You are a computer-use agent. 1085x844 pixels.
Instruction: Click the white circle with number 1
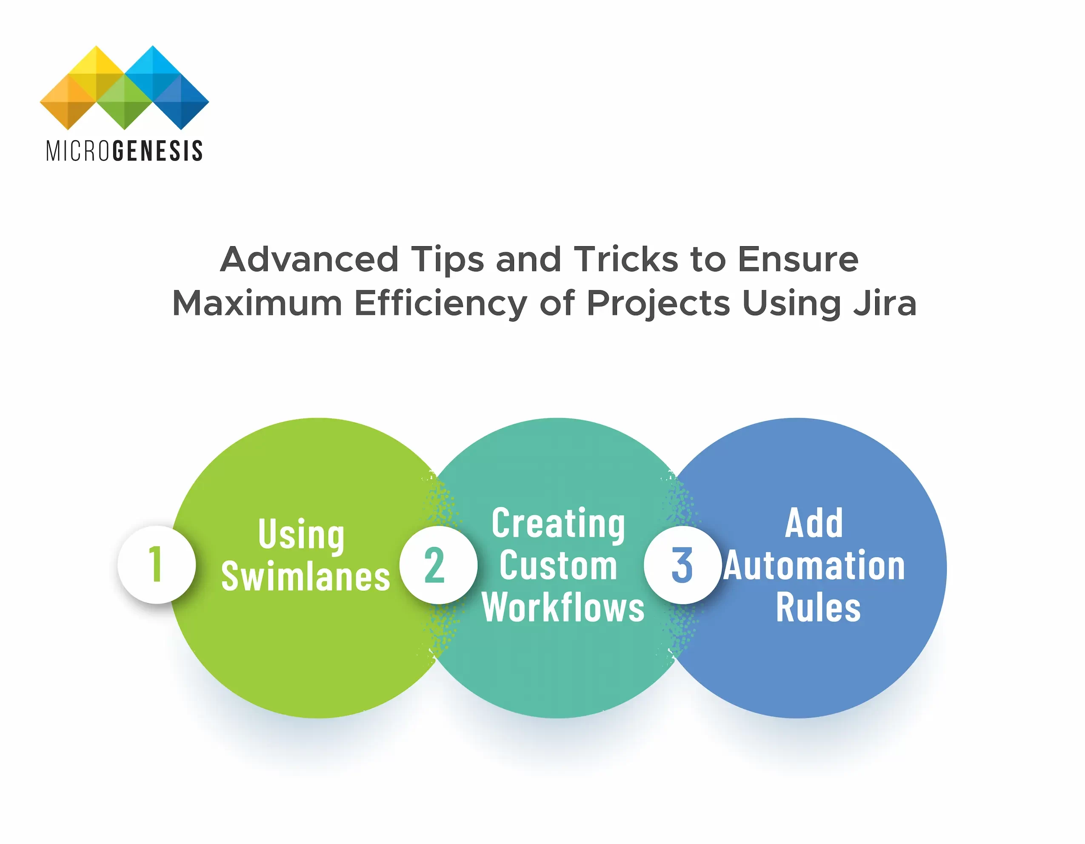pos(157,565)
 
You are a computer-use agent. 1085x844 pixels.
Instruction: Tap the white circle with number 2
pos(438,565)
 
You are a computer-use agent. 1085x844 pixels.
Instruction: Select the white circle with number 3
pos(682,565)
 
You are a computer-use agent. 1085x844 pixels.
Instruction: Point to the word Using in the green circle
pos(301,534)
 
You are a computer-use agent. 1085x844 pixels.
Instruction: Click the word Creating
pos(558,524)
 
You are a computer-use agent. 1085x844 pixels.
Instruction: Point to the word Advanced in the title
pos(309,259)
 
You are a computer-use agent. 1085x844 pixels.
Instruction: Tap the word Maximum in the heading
pos(257,303)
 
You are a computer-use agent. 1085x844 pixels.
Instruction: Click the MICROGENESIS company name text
pos(124,151)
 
